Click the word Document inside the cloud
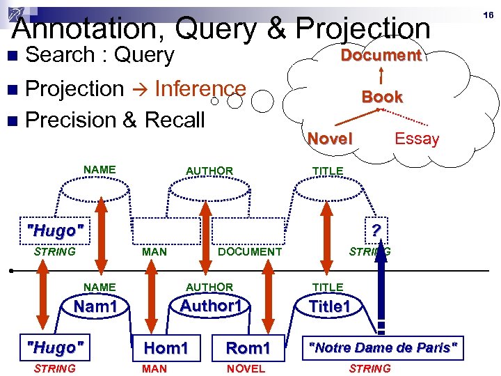[381, 56]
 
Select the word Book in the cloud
[382, 97]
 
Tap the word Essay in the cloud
[416, 139]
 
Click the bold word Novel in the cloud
[330, 139]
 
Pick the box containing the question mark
[376, 230]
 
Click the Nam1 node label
[95, 306]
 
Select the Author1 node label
[211, 306]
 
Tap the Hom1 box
[166, 347]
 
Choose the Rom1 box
[248, 347]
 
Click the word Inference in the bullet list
[200, 88]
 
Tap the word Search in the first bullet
[59, 55]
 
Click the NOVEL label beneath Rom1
[246, 368]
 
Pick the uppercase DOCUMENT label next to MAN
[250, 251]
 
